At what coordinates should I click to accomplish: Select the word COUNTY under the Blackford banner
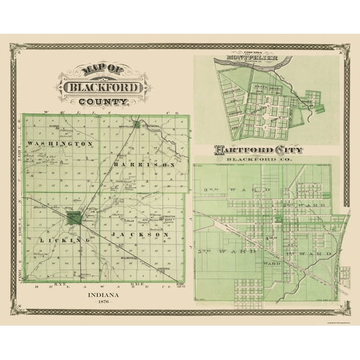104,101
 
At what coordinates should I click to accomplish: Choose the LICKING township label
59,240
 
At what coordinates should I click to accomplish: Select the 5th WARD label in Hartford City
226,251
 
